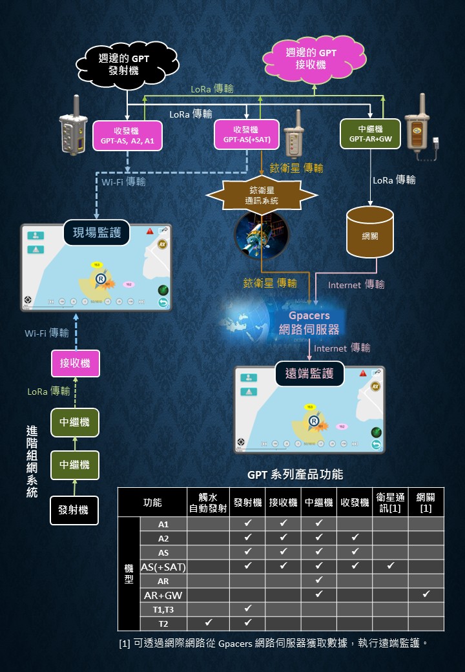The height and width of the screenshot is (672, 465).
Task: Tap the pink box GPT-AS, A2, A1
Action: click(x=127, y=135)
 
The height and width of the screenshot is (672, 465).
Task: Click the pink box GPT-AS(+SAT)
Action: click(x=246, y=134)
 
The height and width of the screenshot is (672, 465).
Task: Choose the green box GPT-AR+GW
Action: click(x=370, y=134)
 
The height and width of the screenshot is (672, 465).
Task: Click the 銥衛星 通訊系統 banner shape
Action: click(x=262, y=195)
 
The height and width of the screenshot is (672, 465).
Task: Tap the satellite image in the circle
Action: click(x=261, y=235)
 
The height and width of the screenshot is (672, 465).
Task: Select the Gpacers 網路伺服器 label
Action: click(x=309, y=322)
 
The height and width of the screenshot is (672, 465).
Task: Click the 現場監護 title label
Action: click(x=97, y=232)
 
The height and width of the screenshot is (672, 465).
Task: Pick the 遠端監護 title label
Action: click(x=309, y=373)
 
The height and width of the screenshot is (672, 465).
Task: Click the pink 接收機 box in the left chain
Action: click(x=75, y=363)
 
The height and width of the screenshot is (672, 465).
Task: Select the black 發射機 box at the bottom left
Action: click(x=75, y=509)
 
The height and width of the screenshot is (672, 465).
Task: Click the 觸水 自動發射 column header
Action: click(x=208, y=502)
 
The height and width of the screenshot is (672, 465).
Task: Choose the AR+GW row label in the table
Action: click(x=163, y=595)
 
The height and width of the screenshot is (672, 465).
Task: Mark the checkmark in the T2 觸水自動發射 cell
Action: click(x=208, y=624)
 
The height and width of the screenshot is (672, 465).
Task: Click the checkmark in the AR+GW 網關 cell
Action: click(x=426, y=595)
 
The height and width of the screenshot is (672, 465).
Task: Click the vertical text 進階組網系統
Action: click(x=32, y=461)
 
